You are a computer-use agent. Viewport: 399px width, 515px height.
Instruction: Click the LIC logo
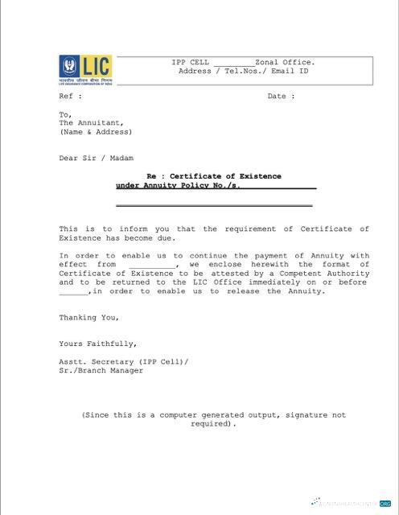[x=85, y=69]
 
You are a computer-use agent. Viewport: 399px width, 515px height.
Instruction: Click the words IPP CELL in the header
[x=190, y=62]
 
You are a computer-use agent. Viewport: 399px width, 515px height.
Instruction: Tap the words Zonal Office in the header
[x=285, y=62]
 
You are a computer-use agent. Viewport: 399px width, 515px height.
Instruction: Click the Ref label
[x=70, y=97]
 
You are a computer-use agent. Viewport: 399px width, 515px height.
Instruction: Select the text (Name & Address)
[x=95, y=132]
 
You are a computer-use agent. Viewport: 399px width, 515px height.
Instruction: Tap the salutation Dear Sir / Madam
[x=96, y=159]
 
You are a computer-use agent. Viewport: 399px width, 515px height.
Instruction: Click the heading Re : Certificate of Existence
[x=214, y=176]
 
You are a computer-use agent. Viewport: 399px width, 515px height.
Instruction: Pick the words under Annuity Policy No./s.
[x=177, y=186]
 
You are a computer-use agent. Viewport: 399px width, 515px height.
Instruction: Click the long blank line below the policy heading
[x=214, y=206]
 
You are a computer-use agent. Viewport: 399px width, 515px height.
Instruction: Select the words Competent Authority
[x=331, y=274]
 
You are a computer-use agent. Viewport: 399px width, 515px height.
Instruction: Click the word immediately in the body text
[x=288, y=282]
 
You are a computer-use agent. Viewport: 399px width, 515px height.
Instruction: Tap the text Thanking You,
[x=89, y=317]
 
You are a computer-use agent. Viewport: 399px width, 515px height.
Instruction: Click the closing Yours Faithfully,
[x=97, y=344]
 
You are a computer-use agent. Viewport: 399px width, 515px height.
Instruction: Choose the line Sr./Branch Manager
[x=101, y=371]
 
